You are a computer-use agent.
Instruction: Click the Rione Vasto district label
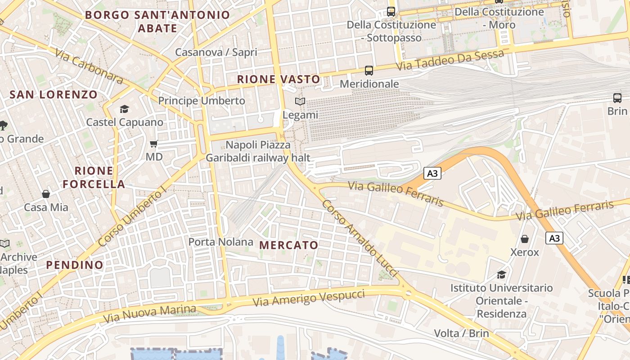(x=279, y=80)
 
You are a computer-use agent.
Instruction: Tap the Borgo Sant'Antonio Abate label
(x=157, y=21)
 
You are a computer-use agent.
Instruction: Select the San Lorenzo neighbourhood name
(x=54, y=94)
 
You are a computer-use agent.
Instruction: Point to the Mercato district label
(x=289, y=245)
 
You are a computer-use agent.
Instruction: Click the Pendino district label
(x=75, y=265)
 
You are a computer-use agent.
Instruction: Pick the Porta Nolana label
(x=220, y=242)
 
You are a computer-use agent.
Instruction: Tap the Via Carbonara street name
(x=89, y=66)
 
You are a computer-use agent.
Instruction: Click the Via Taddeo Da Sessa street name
(x=450, y=60)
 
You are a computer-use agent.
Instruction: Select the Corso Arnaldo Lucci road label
(x=360, y=238)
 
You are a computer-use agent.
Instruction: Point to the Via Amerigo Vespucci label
(x=309, y=298)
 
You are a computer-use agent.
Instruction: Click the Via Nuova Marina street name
(x=150, y=314)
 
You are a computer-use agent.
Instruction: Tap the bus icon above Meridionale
(x=369, y=71)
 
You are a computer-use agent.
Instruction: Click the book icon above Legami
(x=300, y=102)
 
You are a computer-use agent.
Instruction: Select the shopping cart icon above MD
(x=154, y=144)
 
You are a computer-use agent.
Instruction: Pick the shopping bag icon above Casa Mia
(x=46, y=194)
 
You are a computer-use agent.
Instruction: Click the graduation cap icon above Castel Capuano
(x=124, y=109)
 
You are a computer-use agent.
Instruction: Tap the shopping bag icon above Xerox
(x=525, y=239)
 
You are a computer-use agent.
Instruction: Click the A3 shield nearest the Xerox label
(x=554, y=238)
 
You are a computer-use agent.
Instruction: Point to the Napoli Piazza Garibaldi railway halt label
(x=258, y=151)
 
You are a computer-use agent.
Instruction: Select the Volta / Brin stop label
(x=461, y=333)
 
